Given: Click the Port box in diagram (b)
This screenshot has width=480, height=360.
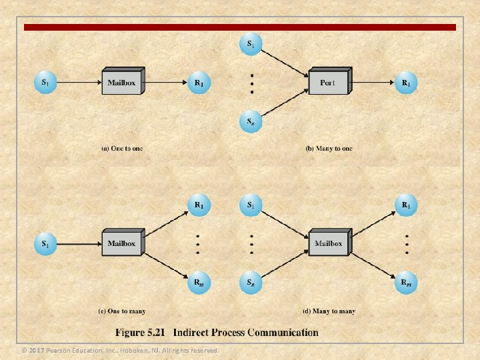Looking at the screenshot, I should pos(328,83).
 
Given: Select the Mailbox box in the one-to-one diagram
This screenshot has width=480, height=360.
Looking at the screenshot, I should pos(121,83).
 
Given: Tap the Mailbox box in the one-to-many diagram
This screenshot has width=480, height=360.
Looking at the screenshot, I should pos(121,243).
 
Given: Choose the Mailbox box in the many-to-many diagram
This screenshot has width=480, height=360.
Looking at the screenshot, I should pos(328,243).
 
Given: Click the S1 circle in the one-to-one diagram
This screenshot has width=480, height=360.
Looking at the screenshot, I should pos(45,83).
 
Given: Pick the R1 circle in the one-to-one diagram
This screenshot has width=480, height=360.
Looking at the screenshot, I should pos(199,83).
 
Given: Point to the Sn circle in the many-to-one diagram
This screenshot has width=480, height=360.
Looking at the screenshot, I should pos(251,121).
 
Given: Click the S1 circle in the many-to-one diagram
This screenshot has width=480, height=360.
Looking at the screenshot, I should pos(251,45).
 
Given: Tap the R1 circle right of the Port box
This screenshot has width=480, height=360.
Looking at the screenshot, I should pos(405,83).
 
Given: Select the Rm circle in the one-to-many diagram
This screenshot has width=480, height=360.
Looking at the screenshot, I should pos(199,282).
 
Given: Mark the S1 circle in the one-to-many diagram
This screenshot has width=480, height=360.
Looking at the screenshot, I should pos(45,243).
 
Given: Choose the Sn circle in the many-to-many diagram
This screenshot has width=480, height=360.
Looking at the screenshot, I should pos(251,282).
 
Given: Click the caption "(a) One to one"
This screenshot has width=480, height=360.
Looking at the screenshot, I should pos(121,148).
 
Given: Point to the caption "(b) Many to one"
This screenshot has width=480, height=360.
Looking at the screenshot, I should pos(329,148).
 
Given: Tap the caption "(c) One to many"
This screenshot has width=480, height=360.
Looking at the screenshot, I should pos(123,311).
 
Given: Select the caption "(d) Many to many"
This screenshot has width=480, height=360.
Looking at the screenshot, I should pos(329,311).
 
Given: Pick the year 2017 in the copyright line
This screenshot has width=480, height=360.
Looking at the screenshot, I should pos(37,351).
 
